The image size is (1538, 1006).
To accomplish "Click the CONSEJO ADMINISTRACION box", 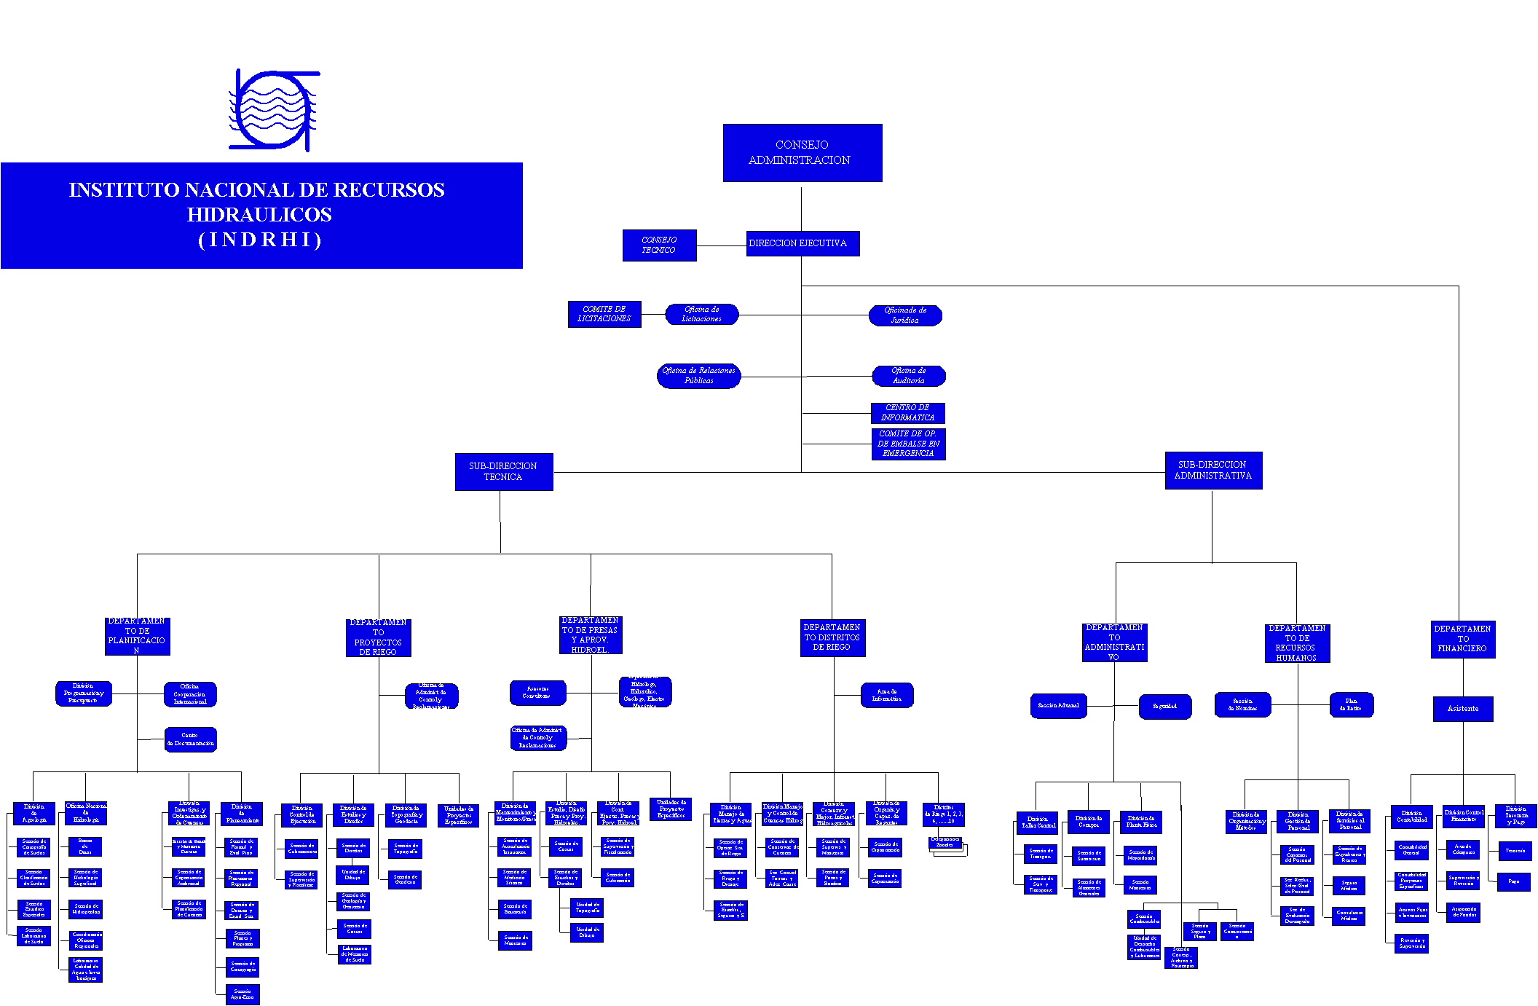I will click(x=802, y=152).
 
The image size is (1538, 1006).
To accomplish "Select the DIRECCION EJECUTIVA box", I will click(x=802, y=243).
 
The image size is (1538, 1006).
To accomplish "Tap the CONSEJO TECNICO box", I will click(x=659, y=245).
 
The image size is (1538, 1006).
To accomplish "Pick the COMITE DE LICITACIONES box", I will click(x=604, y=314).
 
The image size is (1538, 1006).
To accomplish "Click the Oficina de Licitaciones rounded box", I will click(x=701, y=314).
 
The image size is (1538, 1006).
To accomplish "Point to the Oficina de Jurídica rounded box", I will click(x=905, y=315).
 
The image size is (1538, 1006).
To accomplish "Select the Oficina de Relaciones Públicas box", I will click(x=698, y=376).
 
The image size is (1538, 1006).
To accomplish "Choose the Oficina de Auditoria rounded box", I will click(x=908, y=376).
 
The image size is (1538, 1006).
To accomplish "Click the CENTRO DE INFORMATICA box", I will click(x=907, y=413).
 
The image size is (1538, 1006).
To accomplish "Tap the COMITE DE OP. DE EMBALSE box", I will click(x=908, y=444).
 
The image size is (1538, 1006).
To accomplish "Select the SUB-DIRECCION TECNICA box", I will click(x=503, y=471).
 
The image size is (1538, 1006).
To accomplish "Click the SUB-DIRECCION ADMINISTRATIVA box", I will click(x=1212, y=470).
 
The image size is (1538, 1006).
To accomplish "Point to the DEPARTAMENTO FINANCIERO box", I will click(x=1462, y=639).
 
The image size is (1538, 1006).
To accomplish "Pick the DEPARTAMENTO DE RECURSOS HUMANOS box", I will click(x=1296, y=643).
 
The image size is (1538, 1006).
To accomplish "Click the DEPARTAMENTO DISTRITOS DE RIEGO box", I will click(x=832, y=637).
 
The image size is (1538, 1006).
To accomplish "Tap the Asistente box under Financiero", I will click(x=1462, y=709).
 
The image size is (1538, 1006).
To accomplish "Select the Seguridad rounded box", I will click(x=1164, y=706).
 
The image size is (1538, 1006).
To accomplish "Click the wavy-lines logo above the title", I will click(x=274, y=111).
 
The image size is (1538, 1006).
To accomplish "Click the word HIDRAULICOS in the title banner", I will click(x=259, y=215).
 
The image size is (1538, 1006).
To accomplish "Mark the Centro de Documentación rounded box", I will click(x=190, y=739).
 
